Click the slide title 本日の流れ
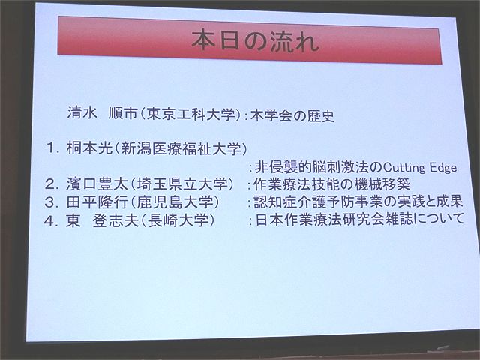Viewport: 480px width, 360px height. (255, 41)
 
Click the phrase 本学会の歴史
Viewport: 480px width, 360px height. (292, 116)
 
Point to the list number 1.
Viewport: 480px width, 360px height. (52, 148)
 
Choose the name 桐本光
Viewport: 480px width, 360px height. (89, 148)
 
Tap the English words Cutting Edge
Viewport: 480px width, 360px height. (420, 167)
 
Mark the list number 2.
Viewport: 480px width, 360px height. (51, 184)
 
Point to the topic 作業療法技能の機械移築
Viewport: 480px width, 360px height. (331, 184)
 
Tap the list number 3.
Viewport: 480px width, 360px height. (51, 202)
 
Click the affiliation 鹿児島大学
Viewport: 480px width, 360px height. (175, 202)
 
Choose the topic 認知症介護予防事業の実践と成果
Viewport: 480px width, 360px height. (358, 202)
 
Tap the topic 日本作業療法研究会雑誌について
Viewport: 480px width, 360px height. (360, 220)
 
